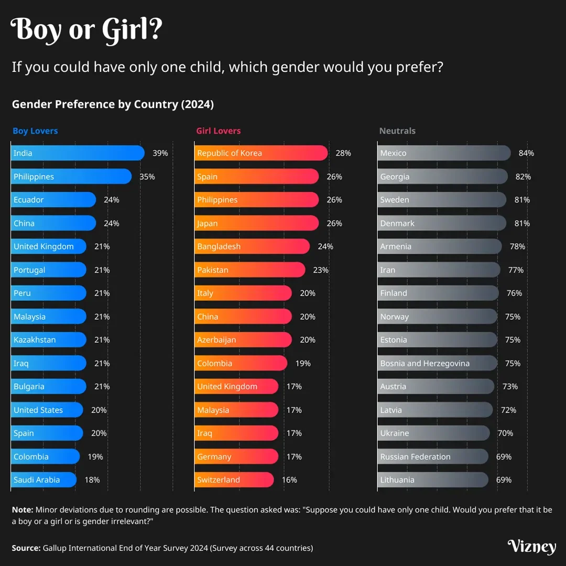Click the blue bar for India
78,153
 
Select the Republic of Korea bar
261,153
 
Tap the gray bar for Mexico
444,153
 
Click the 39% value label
160,153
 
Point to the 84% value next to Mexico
526,153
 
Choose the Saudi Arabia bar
44,480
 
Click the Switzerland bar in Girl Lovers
234,480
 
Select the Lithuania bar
433,480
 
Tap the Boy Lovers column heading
35,131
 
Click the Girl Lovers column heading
219,131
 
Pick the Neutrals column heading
397,131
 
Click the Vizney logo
531,547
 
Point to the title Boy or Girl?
86,30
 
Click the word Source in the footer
26,548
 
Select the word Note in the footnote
22,509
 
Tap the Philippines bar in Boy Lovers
71,177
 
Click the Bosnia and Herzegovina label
425,363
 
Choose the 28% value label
343,153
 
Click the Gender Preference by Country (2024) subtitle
113,104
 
